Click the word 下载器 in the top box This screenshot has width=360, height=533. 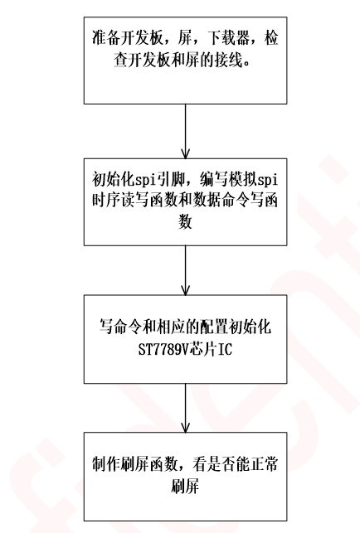[228, 38]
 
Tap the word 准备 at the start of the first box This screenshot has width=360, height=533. [106, 38]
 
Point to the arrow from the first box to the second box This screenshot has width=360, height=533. [186, 131]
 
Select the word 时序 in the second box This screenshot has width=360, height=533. [106, 201]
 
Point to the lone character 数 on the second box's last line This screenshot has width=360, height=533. [185, 221]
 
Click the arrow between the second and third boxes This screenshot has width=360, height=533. [186, 270]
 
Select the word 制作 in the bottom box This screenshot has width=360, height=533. [106, 464]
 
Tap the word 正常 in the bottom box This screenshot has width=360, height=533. [264, 464]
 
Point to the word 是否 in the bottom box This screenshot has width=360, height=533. [221, 464]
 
